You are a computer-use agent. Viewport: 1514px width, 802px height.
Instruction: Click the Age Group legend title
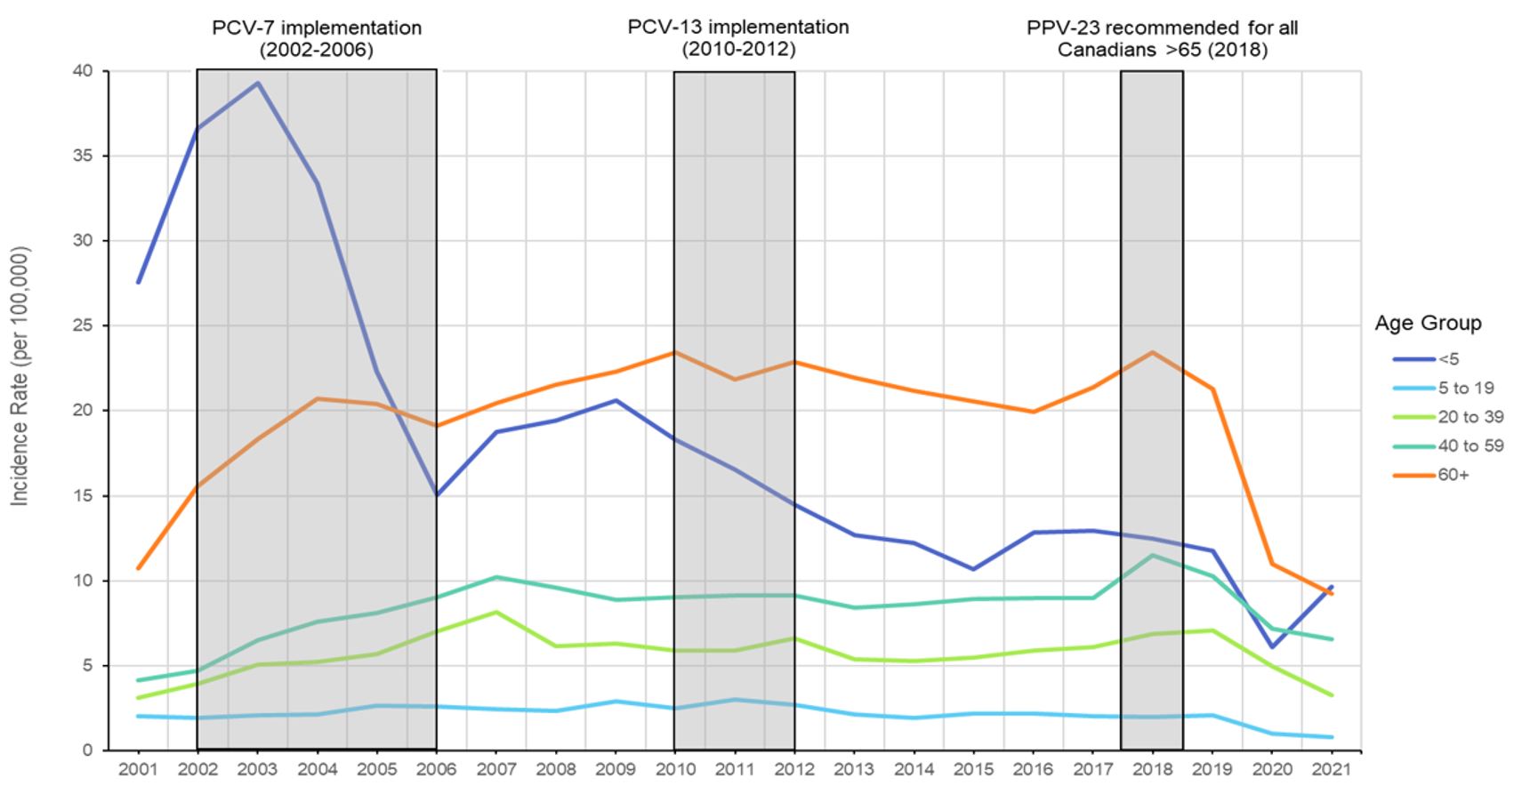[1428, 323]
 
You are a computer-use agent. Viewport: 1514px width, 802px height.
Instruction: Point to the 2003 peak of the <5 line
[258, 84]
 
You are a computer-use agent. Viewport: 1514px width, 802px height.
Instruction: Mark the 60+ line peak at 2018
[1153, 352]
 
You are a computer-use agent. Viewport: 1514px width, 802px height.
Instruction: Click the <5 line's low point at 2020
[1272, 646]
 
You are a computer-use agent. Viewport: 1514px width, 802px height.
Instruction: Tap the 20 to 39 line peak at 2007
[496, 612]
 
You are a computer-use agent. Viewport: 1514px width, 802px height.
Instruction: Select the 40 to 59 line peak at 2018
[1153, 555]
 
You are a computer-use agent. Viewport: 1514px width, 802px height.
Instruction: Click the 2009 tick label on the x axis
[616, 769]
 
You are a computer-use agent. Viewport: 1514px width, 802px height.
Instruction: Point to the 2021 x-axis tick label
[1332, 769]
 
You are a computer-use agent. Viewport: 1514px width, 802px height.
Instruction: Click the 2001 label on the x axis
[138, 769]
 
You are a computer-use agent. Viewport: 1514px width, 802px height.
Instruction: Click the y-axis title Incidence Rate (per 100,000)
[20, 376]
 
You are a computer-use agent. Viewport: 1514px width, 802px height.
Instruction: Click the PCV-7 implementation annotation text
[317, 38]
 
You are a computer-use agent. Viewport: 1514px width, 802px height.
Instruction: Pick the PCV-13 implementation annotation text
[738, 38]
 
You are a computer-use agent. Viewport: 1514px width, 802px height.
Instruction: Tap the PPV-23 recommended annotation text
[1162, 38]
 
